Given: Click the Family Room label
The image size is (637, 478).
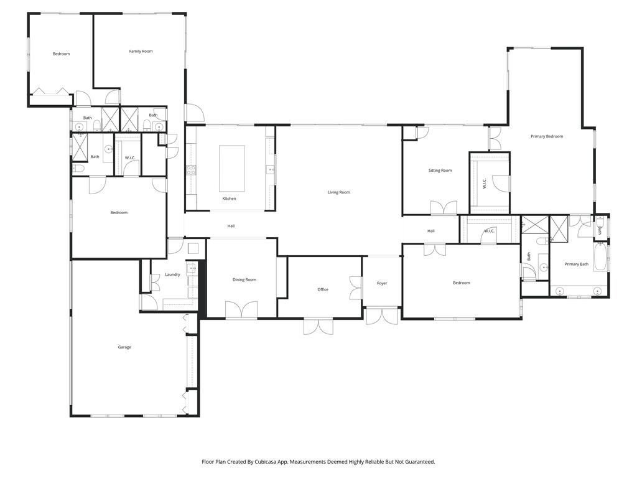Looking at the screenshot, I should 141,51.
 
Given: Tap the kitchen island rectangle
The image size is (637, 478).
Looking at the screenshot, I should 231,169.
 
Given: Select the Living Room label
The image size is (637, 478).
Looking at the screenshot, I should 339,192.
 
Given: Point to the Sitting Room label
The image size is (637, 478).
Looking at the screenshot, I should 440,171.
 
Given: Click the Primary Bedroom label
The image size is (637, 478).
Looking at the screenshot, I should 547,136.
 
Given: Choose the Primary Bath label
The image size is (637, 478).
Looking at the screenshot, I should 576,265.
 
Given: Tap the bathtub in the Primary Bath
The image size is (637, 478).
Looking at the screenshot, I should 600,257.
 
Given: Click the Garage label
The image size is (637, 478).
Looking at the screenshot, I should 124,347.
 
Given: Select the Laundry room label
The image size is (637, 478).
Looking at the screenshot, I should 172,274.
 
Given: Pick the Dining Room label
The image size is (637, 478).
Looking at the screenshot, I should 244,279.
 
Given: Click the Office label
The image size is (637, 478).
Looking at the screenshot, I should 323,289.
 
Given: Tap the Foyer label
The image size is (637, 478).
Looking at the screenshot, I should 382,283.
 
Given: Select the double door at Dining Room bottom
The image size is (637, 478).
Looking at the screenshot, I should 241,310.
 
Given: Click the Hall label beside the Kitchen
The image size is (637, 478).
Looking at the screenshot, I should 231,226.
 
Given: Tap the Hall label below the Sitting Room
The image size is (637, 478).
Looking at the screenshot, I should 431,231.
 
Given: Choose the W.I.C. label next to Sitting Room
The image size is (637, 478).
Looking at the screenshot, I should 485,184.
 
